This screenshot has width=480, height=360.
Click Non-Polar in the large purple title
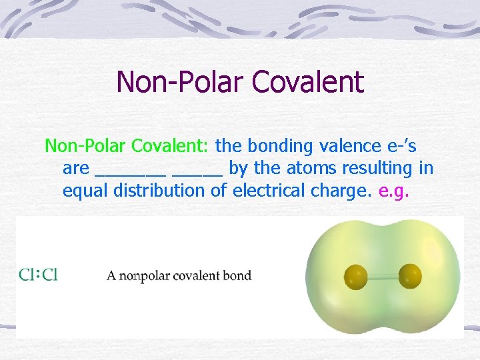coord(180,82)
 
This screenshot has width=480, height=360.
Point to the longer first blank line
coord(131,173)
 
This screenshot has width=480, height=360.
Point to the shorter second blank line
coord(197,173)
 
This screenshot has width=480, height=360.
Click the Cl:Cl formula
coord(38,275)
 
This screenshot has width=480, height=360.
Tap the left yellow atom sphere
coord(355,275)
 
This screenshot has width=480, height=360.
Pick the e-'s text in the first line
coord(397,145)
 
